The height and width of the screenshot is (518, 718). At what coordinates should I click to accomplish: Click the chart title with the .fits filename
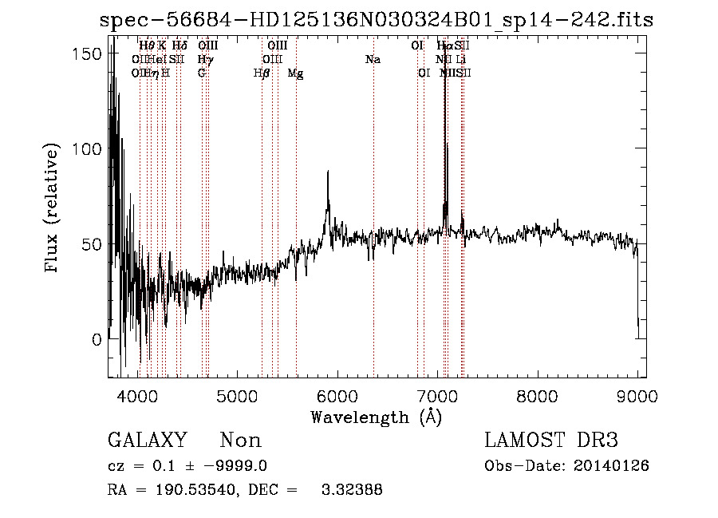pos(377,20)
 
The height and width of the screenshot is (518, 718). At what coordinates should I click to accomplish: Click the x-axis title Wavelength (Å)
pos(376,417)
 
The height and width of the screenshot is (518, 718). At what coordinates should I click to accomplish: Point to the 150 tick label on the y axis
pos(86,53)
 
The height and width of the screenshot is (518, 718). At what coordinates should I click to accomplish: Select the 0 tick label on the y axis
pos(96,340)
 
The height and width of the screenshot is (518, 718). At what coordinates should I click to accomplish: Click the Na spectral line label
pos(373,60)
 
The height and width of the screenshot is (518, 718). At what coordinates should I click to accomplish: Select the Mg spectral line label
pos(295,73)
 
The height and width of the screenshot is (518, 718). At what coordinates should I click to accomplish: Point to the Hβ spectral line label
pos(261,73)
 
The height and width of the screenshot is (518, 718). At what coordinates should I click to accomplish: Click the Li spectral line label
pos(461,60)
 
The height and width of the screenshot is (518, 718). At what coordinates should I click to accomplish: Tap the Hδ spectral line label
pos(179,46)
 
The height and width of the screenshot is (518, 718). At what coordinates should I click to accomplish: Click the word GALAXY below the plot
pos(147,441)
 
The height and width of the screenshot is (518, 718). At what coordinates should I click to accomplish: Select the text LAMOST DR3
pos(550,441)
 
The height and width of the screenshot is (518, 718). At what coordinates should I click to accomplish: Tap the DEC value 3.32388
pos(352,490)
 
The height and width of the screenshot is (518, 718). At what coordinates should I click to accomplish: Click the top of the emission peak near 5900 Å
pos(327,172)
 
